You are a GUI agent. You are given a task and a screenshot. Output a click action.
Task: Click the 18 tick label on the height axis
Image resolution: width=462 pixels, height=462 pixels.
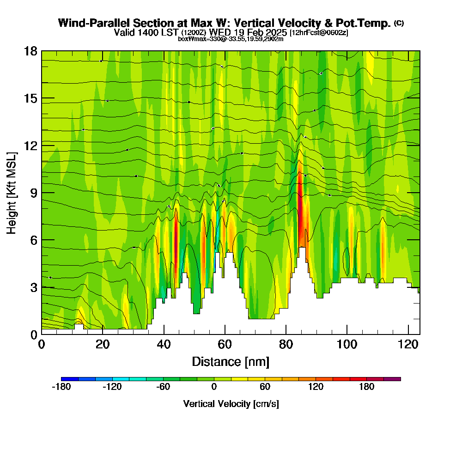click(x=30, y=51)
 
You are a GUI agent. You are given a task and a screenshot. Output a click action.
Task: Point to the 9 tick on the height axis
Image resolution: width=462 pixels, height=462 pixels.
click(x=42, y=192)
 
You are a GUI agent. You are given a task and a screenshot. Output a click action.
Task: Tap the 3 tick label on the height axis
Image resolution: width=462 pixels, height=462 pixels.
click(x=33, y=287)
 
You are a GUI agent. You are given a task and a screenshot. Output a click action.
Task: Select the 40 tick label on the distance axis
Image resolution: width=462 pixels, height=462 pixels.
click(x=163, y=344)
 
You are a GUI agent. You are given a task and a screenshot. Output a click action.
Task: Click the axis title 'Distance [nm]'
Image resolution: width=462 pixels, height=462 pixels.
click(x=231, y=361)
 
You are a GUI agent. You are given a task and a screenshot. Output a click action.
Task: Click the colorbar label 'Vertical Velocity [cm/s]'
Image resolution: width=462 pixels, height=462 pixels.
click(x=231, y=404)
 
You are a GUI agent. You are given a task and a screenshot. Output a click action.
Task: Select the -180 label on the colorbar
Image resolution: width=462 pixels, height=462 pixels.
click(x=61, y=387)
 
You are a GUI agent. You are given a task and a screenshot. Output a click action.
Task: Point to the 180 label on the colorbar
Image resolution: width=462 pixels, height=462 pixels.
click(x=366, y=387)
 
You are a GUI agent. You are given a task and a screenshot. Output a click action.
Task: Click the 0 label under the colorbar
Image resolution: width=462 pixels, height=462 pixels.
click(x=214, y=387)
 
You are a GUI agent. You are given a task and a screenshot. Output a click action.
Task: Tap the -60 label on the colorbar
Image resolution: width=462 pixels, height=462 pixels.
click(x=163, y=387)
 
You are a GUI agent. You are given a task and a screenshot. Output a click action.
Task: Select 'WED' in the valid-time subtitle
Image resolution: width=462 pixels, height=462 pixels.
click(x=220, y=32)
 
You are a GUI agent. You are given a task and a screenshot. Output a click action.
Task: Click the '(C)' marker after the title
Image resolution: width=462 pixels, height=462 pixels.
click(x=399, y=23)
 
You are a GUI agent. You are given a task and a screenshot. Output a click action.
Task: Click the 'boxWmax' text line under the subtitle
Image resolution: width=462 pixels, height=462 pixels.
click(x=231, y=39)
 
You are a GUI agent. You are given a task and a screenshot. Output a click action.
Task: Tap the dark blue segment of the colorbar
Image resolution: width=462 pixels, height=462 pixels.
click(x=70, y=379)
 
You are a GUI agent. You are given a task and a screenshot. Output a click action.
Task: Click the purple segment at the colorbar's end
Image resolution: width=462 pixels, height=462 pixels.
click(x=392, y=379)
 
